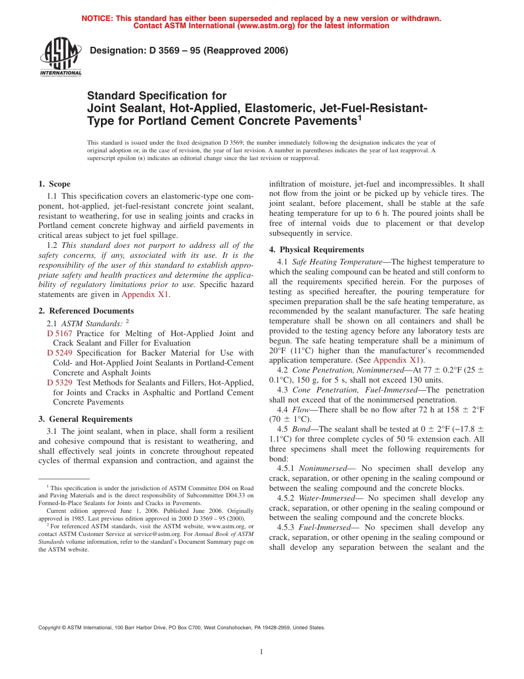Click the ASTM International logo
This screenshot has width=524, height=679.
coord(60,57)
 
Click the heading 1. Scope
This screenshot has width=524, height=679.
coord(55,184)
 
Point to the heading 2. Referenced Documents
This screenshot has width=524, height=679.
coord(86,311)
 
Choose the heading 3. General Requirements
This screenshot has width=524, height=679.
coord(85,419)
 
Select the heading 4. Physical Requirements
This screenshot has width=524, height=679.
coord(317,250)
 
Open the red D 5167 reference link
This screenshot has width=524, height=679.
coord(60,333)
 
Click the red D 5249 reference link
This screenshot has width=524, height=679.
coord(60,353)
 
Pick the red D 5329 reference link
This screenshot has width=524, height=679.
coord(60,383)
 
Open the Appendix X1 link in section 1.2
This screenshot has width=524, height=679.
coord(145,294)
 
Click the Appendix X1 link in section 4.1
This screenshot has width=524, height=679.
coord(397,360)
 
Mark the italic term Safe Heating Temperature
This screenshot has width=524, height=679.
coord(337,262)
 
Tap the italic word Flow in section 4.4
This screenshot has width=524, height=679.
coord(301,409)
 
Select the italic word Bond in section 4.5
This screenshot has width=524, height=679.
coord(301,429)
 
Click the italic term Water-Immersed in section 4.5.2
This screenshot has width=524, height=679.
coord(327,498)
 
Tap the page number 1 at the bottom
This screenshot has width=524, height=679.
coord(261,652)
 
